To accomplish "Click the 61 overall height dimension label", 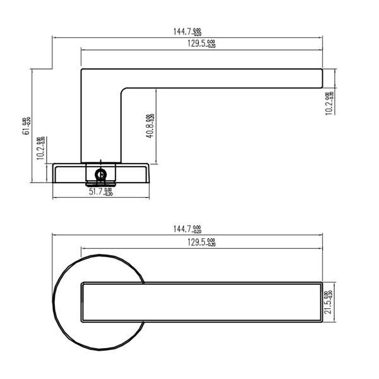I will (26, 126).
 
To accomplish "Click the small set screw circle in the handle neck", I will (99, 172).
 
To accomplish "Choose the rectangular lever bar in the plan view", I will (202, 302).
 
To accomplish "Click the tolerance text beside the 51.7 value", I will (109, 192).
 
